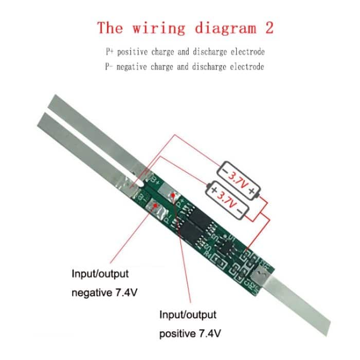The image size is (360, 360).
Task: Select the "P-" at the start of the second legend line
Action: pos(109,67)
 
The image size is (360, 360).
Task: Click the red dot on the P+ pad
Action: pos(172,195)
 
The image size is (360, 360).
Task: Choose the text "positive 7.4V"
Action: pos(190,334)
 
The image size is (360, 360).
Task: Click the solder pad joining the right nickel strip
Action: pos(261,275)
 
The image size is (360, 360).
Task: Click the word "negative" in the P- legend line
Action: pos(135,67)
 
